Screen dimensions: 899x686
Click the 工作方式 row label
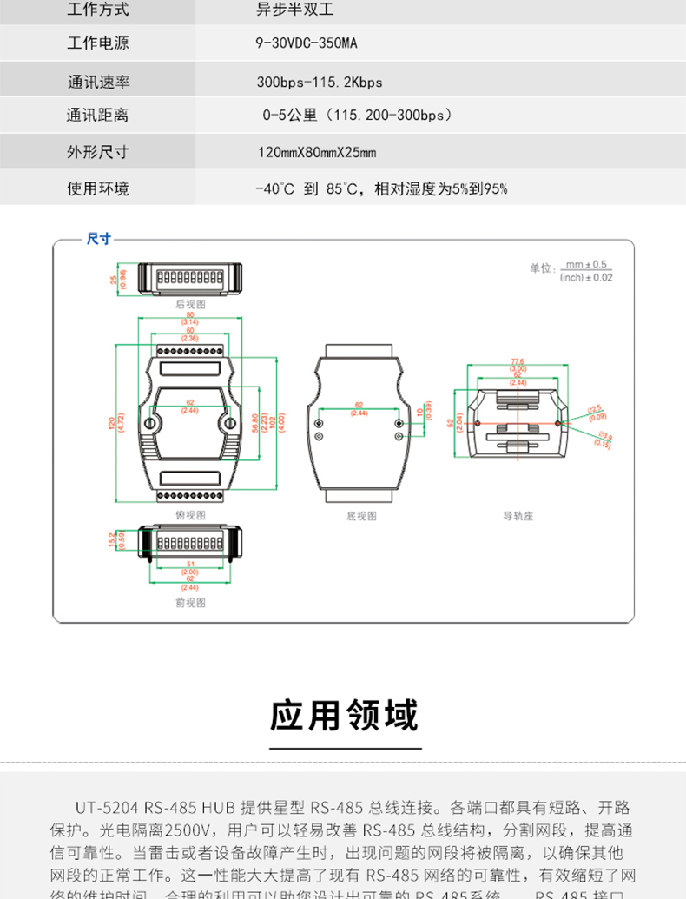tap(98, 10)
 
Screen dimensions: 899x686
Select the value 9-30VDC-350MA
tap(307, 43)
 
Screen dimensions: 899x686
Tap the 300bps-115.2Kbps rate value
tap(319, 83)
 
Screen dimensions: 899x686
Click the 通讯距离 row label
tap(98, 115)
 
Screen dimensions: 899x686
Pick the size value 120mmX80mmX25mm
tap(316, 153)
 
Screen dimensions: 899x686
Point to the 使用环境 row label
tap(98, 189)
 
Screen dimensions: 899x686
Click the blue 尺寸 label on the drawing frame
tap(99, 239)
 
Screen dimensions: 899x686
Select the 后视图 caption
tap(190, 305)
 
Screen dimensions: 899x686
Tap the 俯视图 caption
tap(190, 515)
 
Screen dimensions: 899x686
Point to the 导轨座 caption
tap(518, 515)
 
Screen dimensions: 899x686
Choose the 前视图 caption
tap(190, 600)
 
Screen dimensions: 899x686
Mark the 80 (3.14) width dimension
tap(190, 318)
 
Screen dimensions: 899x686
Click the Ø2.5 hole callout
tap(597, 411)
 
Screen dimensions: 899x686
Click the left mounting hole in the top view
tap(151, 424)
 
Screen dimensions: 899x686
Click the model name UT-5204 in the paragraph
tap(107, 806)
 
